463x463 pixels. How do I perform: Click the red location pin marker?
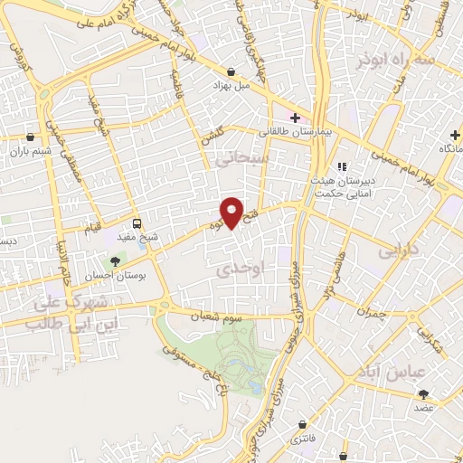233,212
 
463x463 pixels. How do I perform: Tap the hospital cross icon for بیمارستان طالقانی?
295,117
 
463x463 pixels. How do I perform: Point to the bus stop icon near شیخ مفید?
137,223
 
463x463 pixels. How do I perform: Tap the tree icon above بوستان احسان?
114,261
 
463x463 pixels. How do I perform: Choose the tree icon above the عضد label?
423,393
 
